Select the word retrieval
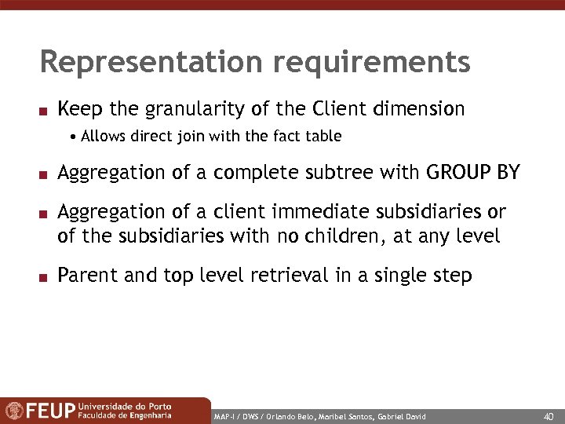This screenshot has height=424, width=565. [295, 276]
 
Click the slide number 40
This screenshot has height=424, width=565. [548, 415]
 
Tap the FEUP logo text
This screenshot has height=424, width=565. [53, 411]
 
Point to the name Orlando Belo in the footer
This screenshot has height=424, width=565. [282, 415]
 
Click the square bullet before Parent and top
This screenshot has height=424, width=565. [46, 277]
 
